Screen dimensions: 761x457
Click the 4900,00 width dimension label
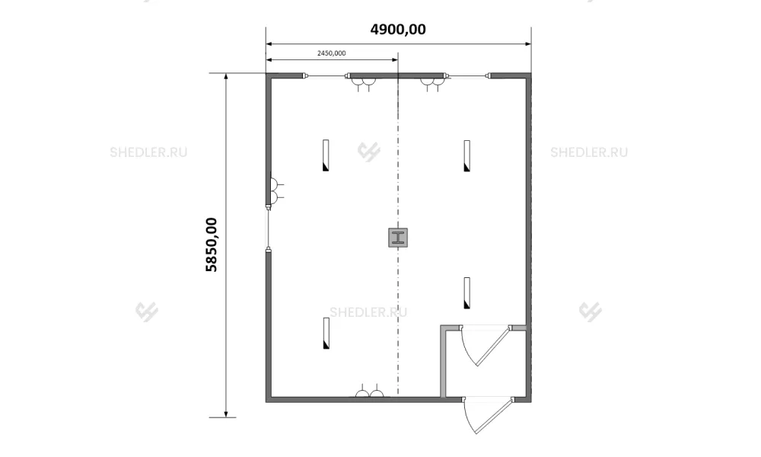pyautogui.click(x=398, y=30)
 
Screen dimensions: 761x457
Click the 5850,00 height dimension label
pyautogui.click(x=212, y=244)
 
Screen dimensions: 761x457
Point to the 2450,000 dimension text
pyautogui.click(x=332, y=53)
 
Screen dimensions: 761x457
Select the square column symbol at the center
pyautogui.click(x=398, y=238)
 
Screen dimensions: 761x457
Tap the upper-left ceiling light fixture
pyautogui.click(x=326, y=155)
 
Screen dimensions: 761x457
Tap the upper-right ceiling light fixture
pyautogui.click(x=467, y=156)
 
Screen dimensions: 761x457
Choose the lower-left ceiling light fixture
pyautogui.click(x=326, y=333)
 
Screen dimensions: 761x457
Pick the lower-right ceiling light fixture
pyautogui.click(x=467, y=292)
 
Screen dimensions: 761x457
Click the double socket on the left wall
pyautogui.click(x=276, y=191)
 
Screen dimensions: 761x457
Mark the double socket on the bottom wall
pyautogui.click(x=369, y=391)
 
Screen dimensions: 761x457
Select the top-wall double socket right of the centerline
pyautogui.click(x=432, y=85)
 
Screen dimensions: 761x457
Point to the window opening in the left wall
pyautogui.click(x=268, y=228)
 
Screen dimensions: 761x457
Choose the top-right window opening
pyautogui.click(x=468, y=75)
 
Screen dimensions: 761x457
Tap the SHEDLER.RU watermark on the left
pyautogui.click(x=148, y=152)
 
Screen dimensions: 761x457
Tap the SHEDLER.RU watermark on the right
pyautogui.click(x=589, y=152)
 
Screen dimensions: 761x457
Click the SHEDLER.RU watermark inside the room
pyautogui.click(x=368, y=312)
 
